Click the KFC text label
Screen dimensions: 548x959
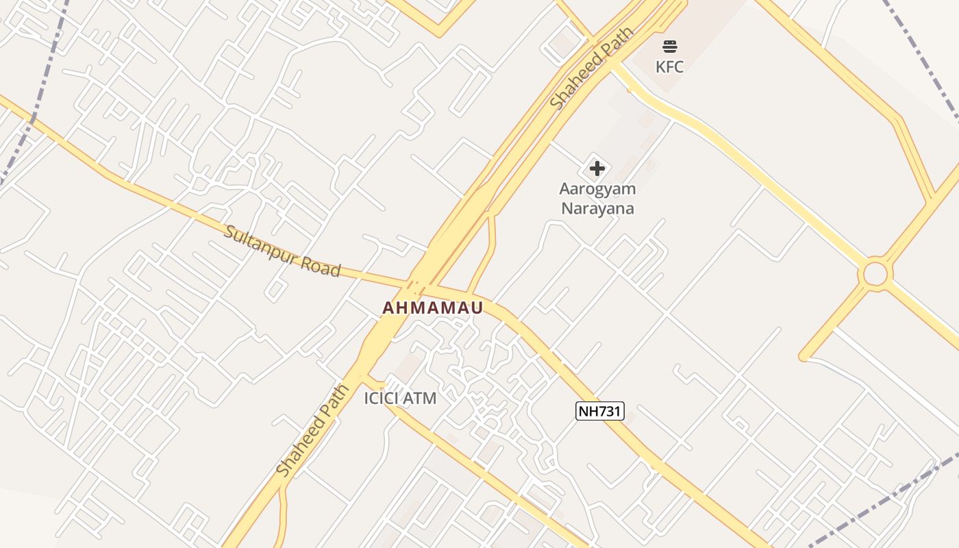(x=669, y=66)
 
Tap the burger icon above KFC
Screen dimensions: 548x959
(x=669, y=47)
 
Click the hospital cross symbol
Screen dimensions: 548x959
(x=597, y=168)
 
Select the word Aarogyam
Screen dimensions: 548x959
(x=597, y=188)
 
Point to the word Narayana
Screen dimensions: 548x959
(x=597, y=208)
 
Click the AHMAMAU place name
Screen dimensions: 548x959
(x=432, y=308)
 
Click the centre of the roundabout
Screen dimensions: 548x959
(x=875, y=274)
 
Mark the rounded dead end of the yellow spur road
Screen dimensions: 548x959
(x=804, y=356)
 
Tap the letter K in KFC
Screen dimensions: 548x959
(x=660, y=66)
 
